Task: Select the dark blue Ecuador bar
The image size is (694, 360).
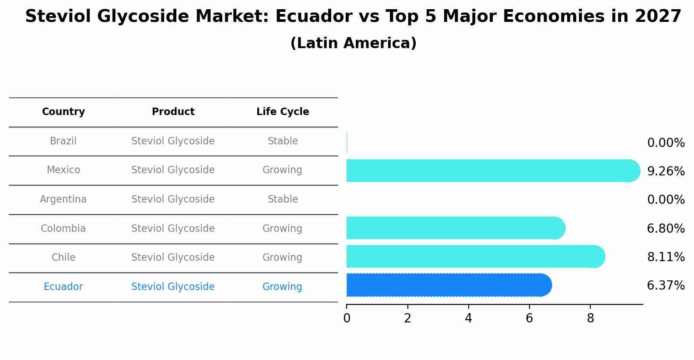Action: [446, 285]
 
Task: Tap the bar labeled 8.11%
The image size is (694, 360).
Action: [473, 256]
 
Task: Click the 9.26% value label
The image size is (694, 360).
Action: [666, 171]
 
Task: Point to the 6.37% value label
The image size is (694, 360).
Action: [666, 286]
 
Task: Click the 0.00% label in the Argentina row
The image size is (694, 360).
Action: [666, 200]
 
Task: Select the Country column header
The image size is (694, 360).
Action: [63, 112]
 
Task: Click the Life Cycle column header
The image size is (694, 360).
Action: [283, 112]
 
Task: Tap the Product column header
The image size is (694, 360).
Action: [173, 112]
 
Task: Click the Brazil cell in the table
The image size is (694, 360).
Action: [63, 141]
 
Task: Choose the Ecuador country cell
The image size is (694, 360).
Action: [63, 287]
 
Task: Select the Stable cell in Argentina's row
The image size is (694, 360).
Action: [283, 199]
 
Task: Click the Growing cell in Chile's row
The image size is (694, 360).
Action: [282, 258]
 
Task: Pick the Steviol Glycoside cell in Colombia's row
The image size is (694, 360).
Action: [173, 229]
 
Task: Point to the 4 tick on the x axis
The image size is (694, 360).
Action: [469, 318]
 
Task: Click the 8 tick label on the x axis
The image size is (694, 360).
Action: [590, 318]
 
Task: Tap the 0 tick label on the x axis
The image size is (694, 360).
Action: [347, 318]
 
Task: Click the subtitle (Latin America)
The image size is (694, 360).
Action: [353, 43]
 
